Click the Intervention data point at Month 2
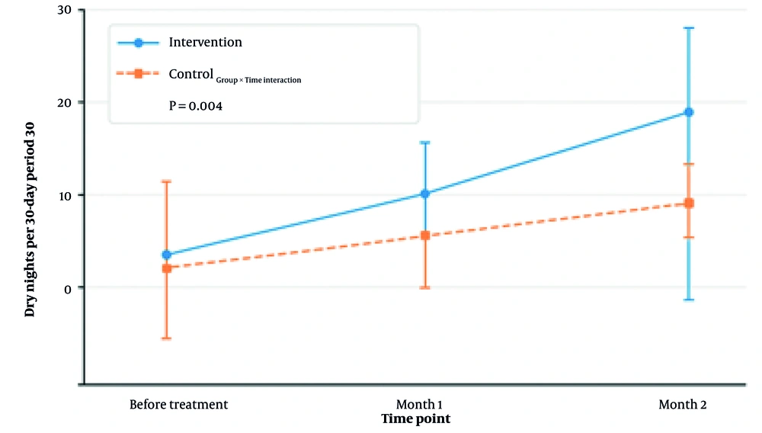click(688, 112)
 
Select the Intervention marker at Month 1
click(425, 194)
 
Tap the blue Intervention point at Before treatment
click(166, 255)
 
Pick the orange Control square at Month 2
click(688, 204)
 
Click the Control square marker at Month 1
click(425, 236)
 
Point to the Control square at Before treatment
click(166, 268)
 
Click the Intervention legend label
click(205, 43)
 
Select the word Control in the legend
click(190, 74)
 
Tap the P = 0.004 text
click(195, 106)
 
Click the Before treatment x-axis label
click(178, 404)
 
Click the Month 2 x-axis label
click(682, 404)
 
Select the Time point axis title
click(415, 419)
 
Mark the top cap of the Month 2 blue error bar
click(688, 28)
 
